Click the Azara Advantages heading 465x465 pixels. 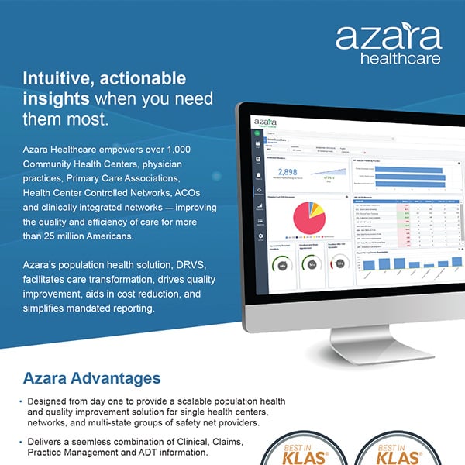[x=91, y=379]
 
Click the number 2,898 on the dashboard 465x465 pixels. [x=287, y=172]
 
